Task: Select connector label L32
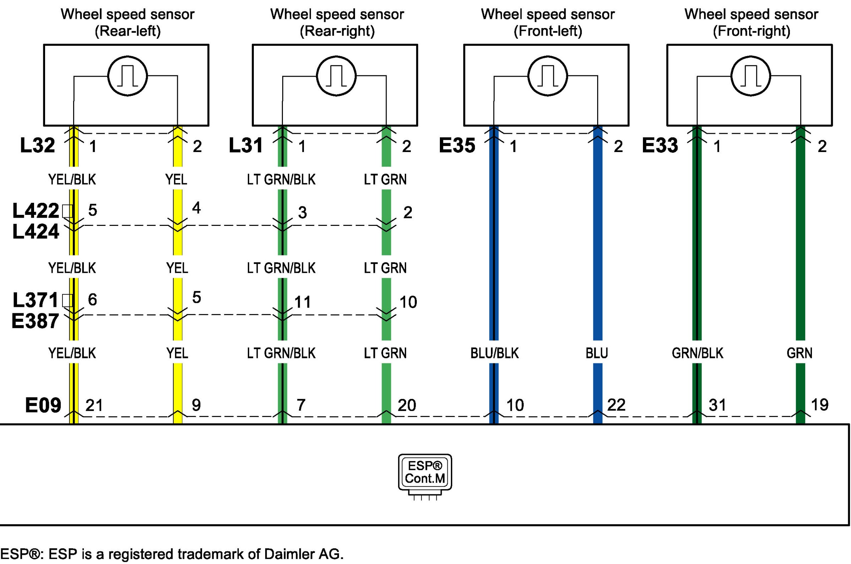point(37,146)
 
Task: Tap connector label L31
point(246,146)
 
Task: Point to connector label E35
point(457,146)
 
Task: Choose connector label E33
point(660,146)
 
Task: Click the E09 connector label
point(43,405)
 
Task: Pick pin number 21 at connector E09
point(94,405)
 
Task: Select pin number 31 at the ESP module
point(717,405)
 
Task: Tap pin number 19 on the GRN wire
point(820,405)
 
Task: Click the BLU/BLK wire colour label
point(494,353)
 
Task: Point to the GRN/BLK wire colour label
point(698,353)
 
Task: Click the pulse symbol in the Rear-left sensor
point(127,76)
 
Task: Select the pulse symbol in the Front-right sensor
point(751,76)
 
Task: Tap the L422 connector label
point(36,211)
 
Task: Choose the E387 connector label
point(35,321)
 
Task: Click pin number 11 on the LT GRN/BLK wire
point(302,302)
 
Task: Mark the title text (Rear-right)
point(337,31)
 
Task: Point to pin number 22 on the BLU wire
point(616,405)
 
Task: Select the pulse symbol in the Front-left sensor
point(547,76)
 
